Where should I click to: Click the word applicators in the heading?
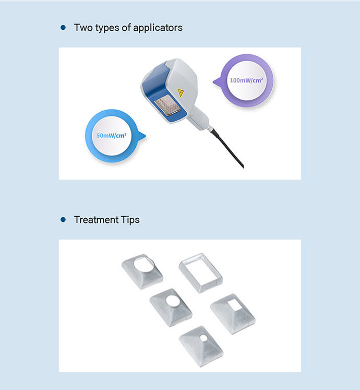(158, 28)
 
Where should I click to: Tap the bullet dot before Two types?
(63, 27)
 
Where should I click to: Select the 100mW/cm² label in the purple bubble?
(246, 80)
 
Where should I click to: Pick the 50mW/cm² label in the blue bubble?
(111, 136)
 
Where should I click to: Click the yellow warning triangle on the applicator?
(181, 93)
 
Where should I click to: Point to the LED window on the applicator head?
(167, 105)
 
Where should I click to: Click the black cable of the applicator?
(227, 148)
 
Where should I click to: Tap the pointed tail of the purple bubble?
(215, 81)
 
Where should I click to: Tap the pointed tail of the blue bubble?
(143, 136)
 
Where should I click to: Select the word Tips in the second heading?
(130, 220)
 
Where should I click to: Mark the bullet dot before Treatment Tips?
(63, 220)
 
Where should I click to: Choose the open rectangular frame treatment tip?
(200, 273)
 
